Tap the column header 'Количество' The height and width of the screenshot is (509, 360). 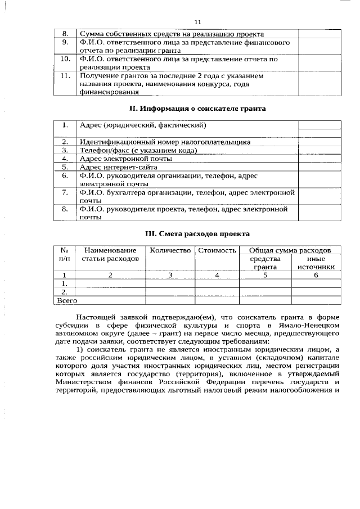[170, 250]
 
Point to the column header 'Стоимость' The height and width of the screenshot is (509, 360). [217, 250]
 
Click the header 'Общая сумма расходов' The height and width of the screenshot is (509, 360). [290, 250]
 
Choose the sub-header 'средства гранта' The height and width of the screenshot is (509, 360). [265, 263]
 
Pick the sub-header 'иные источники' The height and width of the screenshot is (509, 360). [316, 263]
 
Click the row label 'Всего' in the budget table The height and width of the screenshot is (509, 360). [67, 301]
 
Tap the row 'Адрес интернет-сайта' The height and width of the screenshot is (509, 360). [119, 167]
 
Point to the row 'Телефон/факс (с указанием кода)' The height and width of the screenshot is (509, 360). [138, 151]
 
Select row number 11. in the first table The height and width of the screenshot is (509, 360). [65, 75]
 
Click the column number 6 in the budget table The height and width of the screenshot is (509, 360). [316, 275]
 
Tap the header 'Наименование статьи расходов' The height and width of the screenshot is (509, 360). [110, 254]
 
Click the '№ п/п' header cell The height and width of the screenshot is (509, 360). [65, 254]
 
